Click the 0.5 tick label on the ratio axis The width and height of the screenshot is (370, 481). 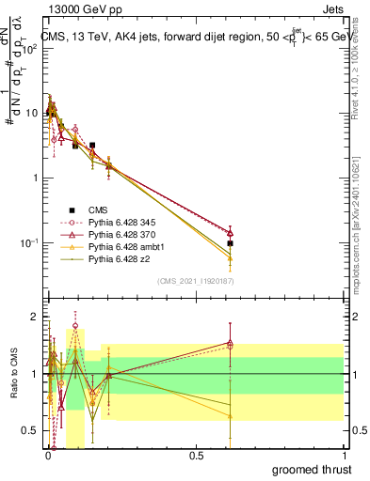coord(30,431)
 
